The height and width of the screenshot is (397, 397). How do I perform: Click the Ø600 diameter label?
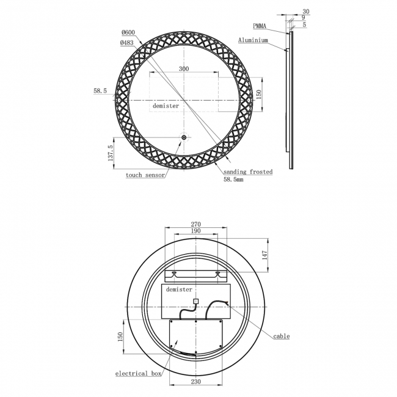(128, 32)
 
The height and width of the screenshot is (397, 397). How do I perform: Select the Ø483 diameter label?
(128, 42)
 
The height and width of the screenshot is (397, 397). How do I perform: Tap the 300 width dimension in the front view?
(184, 69)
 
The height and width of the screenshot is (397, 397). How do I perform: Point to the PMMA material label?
(260, 26)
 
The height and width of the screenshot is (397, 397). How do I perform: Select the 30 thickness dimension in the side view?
(305, 11)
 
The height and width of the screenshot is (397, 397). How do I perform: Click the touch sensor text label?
(145, 175)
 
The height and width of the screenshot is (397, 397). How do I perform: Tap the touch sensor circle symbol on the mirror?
(184, 138)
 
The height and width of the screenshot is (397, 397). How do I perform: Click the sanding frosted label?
(247, 172)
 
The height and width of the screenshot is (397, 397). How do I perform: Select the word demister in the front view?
(166, 106)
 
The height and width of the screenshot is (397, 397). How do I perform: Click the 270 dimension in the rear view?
(195, 224)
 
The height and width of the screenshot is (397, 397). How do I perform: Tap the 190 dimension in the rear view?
(195, 232)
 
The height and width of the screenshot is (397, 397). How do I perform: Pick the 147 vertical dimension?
(265, 255)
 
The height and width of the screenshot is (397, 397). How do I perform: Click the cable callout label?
(281, 336)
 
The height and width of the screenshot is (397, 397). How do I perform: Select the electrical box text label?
(140, 373)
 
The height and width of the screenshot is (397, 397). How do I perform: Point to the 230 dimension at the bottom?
(195, 382)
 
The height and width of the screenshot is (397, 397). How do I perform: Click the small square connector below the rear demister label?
(195, 300)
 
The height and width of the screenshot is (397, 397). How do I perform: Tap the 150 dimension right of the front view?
(259, 95)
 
